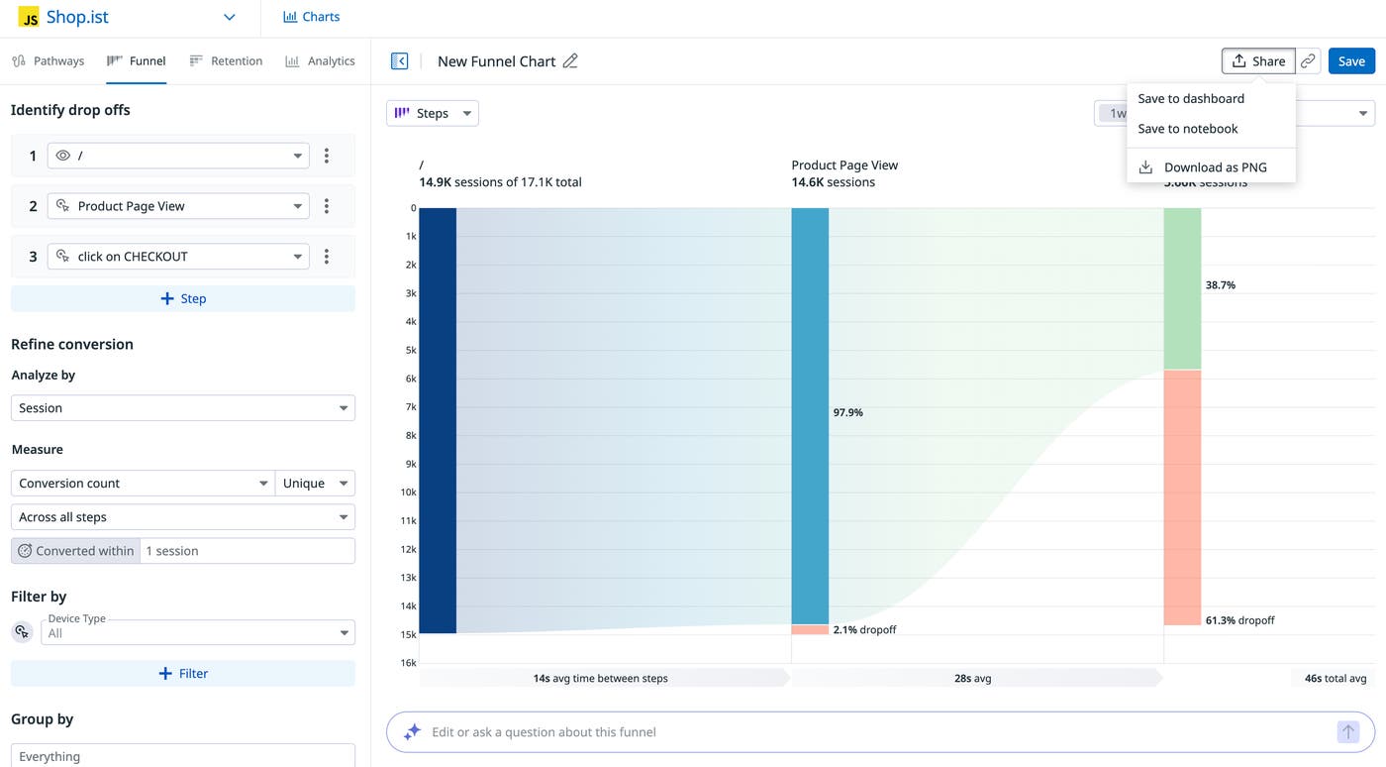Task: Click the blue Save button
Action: (x=1351, y=61)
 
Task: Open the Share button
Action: (x=1257, y=61)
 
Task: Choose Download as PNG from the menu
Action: (x=1215, y=167)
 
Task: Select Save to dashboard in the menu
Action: (x=1191, y=98)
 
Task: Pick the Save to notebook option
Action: (x=1188, y=129)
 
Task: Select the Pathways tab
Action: (x=49, y=61)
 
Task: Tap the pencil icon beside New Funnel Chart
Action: (x=570, y=61)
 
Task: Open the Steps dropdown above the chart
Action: (x=433, y=113)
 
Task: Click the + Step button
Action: (x=183, y=298)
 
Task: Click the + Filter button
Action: (x=183, y=673)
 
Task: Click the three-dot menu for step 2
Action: (x=327, y=206)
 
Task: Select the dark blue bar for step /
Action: (x=438, y=420)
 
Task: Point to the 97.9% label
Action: (x=848, y=412)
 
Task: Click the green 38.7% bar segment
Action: (x=1182, y=288)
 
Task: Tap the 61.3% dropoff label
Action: (x=1239, y=620)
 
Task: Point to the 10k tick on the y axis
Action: (x=408, y=493)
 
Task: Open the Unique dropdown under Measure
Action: (x=315, y=484)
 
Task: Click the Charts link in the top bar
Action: (x=311, y=17)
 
